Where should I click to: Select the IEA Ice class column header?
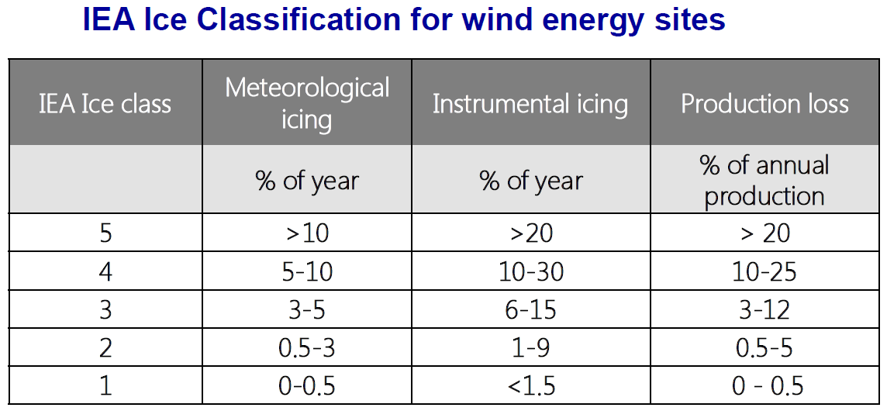pyautogui.click(x=105, y=104)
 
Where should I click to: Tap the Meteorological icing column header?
pyautogui.click(x=307, y=103)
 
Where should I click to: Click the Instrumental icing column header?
pyautogui.click(x=530, y=104)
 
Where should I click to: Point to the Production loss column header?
pyautogui.click(x=764, y=104)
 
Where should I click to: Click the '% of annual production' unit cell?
pyautogui.click(x=764, y=180)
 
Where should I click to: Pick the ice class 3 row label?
pyautogui.click(x=105, y=309)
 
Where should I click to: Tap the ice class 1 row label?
pyautogui.click(x=105, y=386)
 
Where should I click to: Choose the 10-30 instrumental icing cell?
pyautogui.click(x=531, y=271)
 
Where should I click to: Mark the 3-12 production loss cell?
pyautogui.click(x=764, y=309)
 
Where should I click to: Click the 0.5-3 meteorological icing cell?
pyautogui.click(x=307, y=348)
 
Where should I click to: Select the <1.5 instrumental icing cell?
pyautogui.click(x=531, y=386)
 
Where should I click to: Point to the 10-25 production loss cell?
pyautogui.click(x=764, y=271)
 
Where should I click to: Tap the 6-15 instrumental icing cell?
pyautogui.click(x=531, y=309)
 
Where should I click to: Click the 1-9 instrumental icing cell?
pyautogui.click(x=531, y=348)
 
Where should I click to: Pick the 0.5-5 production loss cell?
pyautogui.click(x=764, y=348)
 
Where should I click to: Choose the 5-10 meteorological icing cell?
pyautogui.click(x=307, y=271)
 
